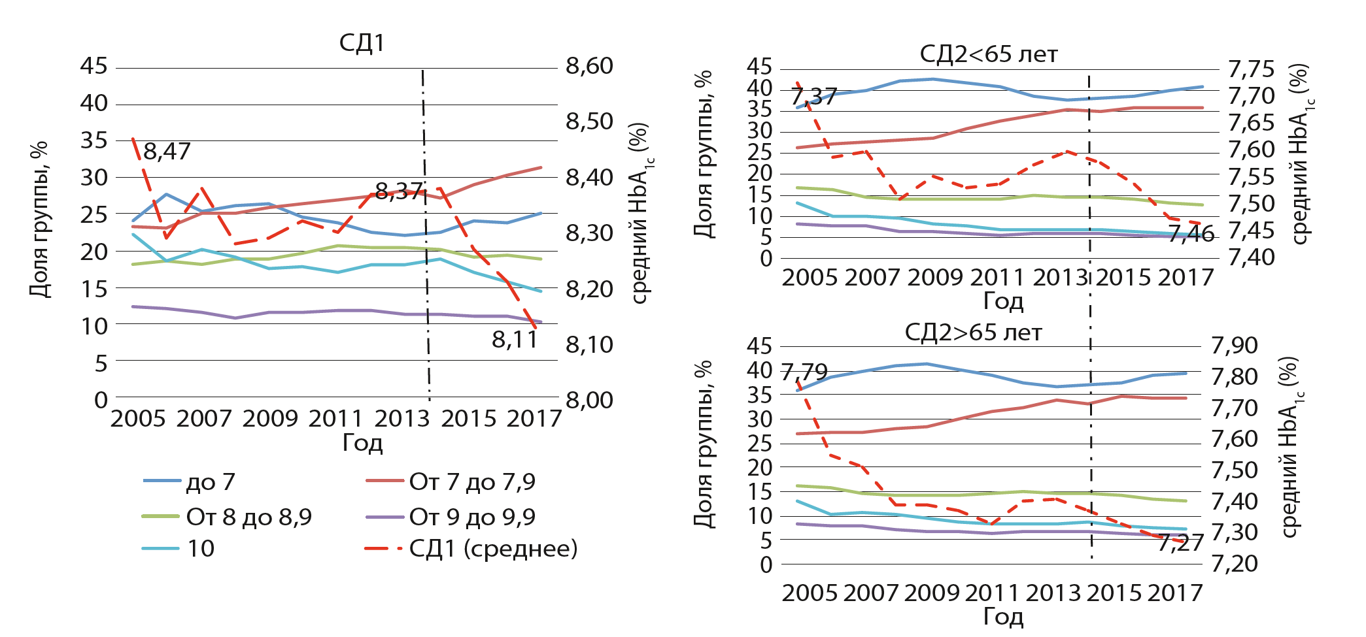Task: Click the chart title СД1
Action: (362, 43)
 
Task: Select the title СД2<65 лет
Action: (988, 54)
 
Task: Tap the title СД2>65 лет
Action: (973, 333)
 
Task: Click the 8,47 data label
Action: (167, 152)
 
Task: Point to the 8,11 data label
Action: (515, 340)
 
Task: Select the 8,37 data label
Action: (399, 191)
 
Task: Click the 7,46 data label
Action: (1191, 233)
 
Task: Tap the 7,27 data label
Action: (1180, 543)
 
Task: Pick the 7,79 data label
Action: (804, 372)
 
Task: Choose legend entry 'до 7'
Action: (210, 482)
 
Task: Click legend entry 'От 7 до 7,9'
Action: (471, 482)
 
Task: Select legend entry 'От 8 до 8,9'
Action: (248, 517)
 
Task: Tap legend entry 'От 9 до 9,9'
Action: (471, 517)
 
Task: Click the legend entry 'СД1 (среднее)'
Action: (493, 549)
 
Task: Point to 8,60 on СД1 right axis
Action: (589, 66)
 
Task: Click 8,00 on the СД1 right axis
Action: (589, 400)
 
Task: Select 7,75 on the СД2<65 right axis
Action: (1252, 69)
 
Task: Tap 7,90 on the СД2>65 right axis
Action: (1235, 345)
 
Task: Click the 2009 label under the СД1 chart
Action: (270, 418)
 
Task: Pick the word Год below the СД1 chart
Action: (362, 443)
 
